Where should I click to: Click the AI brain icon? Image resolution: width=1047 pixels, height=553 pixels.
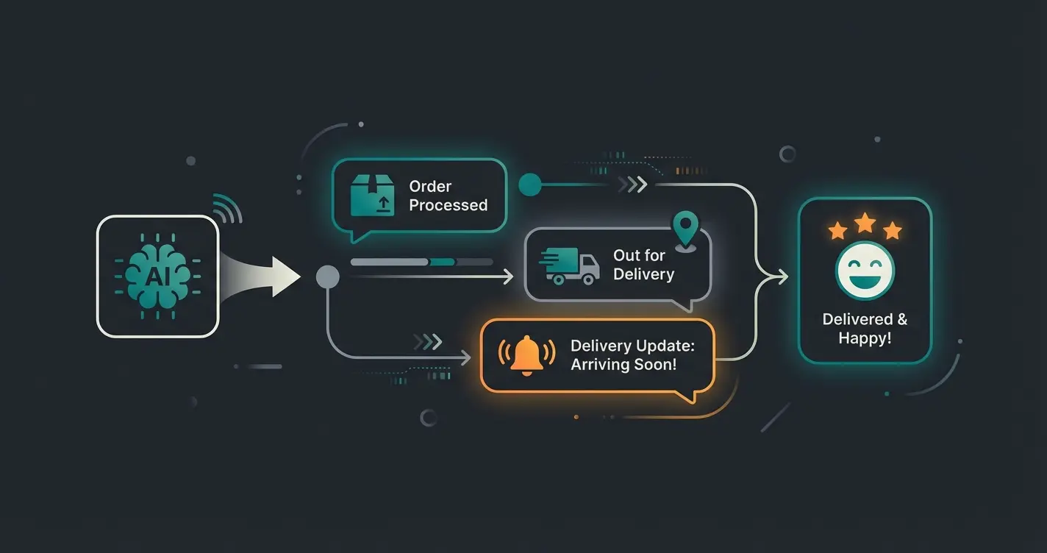(157, 276)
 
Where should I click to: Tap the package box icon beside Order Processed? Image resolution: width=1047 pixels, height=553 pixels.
(372, 196)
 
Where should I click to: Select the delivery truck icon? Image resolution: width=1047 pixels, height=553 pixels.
(570, 266)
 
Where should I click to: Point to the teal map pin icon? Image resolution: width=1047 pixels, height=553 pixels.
(685, 229)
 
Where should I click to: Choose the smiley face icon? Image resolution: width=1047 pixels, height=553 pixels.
(865, 270)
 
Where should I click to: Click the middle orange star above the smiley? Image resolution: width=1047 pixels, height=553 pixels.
(865, 222)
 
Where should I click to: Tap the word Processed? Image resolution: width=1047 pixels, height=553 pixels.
(448, 205)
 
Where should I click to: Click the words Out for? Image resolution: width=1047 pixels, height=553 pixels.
(639, 255)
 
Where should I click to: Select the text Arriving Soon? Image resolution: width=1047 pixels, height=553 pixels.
(623, 364)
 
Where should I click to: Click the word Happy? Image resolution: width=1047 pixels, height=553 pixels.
(865, 338)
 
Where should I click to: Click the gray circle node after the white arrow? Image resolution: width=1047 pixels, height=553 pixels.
(327, 276)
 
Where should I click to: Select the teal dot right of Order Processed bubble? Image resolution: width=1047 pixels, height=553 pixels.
(529, 185)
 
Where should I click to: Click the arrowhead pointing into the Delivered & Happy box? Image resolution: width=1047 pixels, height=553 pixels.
(782, 276)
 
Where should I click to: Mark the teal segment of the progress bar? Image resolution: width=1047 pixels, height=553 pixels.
(442, 262)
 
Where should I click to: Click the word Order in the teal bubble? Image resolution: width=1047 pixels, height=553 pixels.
(430, 187)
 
